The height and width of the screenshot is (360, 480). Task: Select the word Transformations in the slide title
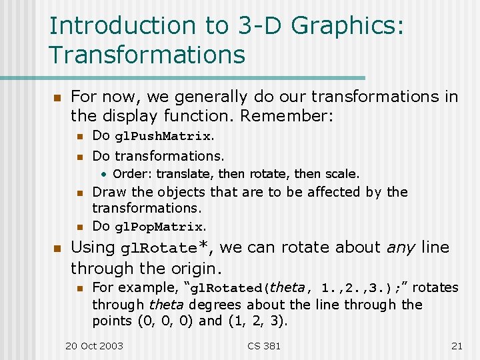147,55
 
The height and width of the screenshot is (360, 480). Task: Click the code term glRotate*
167,248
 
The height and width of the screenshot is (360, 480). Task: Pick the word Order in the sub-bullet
127,174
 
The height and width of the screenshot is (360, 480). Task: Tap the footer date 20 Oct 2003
94,345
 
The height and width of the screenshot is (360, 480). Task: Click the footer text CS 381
264,345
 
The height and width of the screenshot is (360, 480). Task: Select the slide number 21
457,345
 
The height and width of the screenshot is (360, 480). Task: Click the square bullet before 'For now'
57,98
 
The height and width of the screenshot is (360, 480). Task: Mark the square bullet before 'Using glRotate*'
57,249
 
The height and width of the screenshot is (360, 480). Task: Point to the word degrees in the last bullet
210,305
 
